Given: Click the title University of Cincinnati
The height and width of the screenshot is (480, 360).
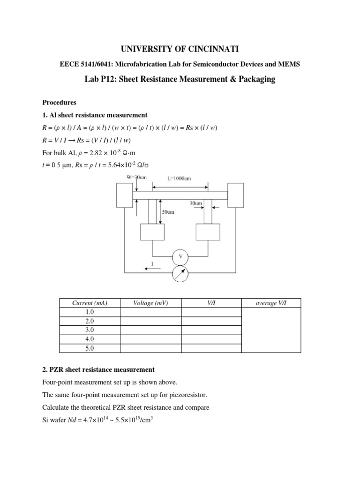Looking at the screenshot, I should click(x=180, y=49).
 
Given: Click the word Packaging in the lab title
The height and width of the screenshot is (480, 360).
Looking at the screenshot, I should click(x=254, y=80).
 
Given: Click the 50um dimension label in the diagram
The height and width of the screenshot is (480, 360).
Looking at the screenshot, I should click(x=167, y=212).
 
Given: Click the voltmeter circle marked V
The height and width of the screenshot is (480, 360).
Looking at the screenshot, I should click(x=180, y=256).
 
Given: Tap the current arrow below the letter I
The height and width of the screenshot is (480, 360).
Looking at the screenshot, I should click(x=152, y=269).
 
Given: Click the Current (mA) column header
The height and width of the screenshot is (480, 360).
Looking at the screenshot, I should click(x=90, y=303).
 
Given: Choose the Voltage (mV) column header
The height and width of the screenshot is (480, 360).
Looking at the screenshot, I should click(x=150, y=303).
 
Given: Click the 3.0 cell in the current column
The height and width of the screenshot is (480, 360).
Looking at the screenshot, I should click(x=90, y=330).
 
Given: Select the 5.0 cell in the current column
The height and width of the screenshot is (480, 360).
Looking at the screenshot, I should click(x=90, y=348).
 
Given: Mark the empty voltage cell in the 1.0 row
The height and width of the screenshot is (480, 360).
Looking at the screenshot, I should click(x=150, y=312).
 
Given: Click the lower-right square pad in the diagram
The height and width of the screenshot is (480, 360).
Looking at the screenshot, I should click(x=208, y=232).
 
